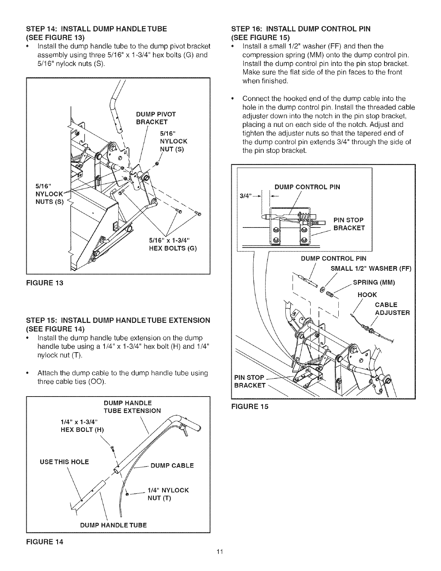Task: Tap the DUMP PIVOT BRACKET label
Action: click(156, 118)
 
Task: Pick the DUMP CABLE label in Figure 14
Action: click(172, 465)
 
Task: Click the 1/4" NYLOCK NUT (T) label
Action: click(168, 494)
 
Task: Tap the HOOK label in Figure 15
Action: click(367, 295)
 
